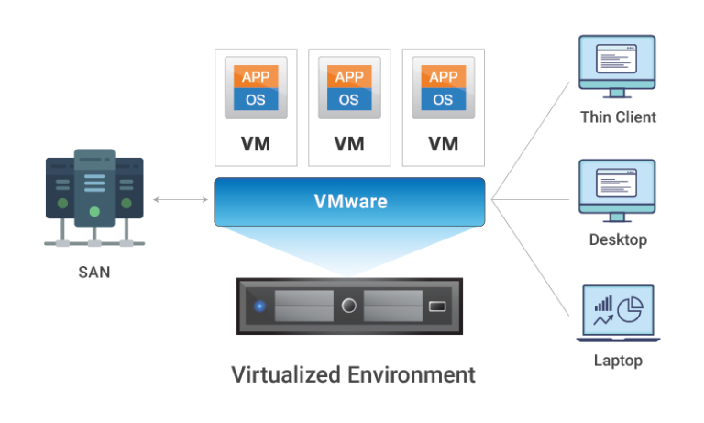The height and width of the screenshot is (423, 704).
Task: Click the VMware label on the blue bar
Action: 350,201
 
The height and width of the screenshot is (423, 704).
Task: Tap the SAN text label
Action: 94,273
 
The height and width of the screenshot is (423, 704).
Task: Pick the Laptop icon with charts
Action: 617,313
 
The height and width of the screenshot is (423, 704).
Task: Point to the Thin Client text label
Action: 618,117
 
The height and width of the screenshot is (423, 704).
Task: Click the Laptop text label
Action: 618,361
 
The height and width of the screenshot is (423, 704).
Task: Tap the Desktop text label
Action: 618,240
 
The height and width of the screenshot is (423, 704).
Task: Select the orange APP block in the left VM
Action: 256,77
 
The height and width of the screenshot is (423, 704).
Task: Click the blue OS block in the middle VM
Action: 349,99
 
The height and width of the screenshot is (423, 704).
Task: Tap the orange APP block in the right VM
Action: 444,77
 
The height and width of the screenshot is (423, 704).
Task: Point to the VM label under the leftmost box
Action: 256,144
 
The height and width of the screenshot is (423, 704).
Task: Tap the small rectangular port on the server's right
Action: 436,306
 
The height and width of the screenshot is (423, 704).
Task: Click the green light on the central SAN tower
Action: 94,211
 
